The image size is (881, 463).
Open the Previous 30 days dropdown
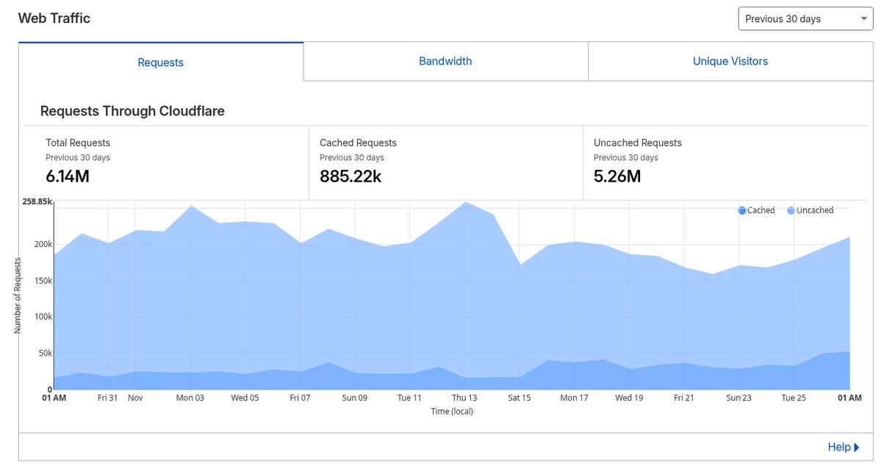(805, 19)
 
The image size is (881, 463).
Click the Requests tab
(160, 62)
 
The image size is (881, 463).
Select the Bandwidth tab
(445, 62)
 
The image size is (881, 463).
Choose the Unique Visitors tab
(730, 62)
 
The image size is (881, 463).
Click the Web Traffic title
(54, 18)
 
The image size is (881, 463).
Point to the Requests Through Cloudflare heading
(132, 112)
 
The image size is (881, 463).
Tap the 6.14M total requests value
(68, 176)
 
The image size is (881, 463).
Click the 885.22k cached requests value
(350, 176)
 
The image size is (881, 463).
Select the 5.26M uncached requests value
(617, 176)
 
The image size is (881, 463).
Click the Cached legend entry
(757, 210)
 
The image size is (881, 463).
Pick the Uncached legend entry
(810, 210)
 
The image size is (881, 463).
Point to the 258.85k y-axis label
(37, 201)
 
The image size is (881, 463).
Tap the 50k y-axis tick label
(44, 353)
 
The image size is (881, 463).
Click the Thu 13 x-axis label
(464, 398)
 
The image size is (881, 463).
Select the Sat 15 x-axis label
(519, 398)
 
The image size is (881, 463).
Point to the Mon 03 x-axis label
(190, 398)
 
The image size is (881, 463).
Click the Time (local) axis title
(452, 412)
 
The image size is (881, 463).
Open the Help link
(843, 447)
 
